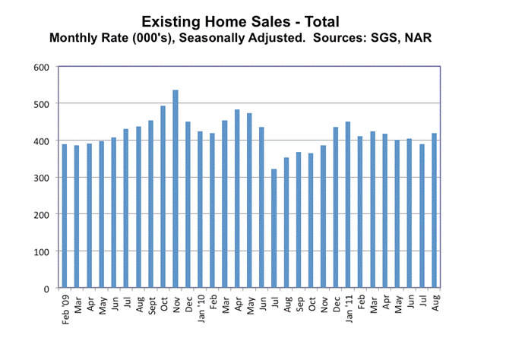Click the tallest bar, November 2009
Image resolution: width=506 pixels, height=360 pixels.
176,189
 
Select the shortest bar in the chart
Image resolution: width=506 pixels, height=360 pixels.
252,229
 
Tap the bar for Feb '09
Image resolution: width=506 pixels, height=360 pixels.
65,216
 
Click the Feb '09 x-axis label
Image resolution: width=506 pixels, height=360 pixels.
65,309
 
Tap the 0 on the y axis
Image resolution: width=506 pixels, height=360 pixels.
46,289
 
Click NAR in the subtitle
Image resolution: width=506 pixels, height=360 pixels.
417,36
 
